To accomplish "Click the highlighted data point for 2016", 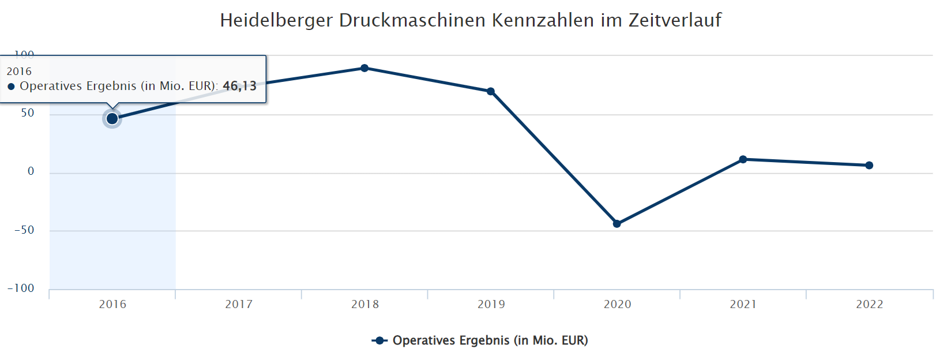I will coord(112,119).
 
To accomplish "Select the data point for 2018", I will coord(364,68).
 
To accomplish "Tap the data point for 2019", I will coord(491,91).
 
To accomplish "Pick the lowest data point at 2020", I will coord(617,224).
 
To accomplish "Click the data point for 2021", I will coord(743,159).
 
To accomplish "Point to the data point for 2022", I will coord(869,166).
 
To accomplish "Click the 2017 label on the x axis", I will coord(239,305).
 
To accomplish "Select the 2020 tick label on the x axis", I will coord(617,305).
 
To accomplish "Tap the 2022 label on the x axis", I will coord(869,305).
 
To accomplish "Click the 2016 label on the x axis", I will coord(112,305).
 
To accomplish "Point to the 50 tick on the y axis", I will coord(28,113).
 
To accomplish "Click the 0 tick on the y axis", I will coord(31,171).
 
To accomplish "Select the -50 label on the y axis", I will coord(25,230).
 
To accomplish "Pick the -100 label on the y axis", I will coord(21,288).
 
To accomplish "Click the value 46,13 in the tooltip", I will coord(239,86).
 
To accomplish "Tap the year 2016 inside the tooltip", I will coord(19,72).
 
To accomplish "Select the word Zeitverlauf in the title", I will coord(675,20).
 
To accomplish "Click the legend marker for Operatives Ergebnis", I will coord(379,341).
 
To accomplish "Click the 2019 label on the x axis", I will coord(491,305).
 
